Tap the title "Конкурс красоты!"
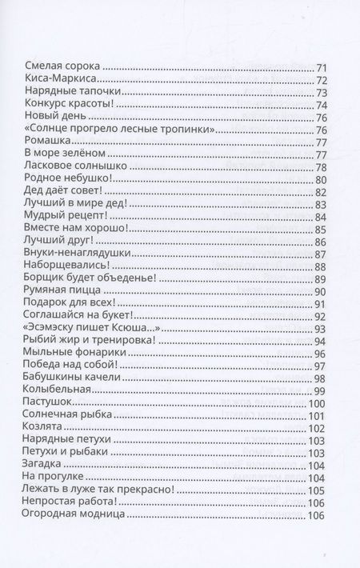(x=64, y=105)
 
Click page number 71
(x=322, y=67)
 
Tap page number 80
(x=322, y=179)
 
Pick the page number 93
(x=322, y=328)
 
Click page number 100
(x=319, y=402)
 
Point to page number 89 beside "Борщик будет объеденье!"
(x=322, y=278)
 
